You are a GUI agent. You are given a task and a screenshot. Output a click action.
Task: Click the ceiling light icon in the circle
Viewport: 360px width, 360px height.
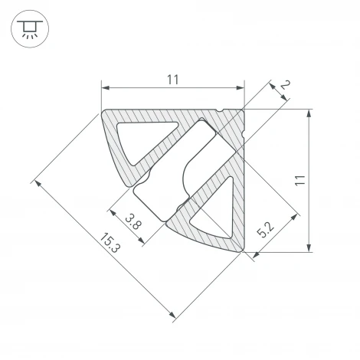coord(30,29)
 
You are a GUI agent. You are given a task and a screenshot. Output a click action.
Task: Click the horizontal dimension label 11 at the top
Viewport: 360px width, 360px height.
coord(173,80)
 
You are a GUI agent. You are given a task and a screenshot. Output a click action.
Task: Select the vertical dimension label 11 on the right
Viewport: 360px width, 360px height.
coord(300,181)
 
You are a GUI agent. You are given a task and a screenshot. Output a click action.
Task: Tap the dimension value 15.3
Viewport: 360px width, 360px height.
coord(110,243)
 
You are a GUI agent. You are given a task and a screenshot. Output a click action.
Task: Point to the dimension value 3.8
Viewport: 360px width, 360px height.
coord(133,221)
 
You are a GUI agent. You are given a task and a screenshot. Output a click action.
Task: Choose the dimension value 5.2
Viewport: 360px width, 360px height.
coord(265,230)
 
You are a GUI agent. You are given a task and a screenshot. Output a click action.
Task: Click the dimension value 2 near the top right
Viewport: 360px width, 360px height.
coord(286,84)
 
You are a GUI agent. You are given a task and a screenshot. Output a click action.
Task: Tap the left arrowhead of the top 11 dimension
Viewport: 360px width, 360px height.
coord(105,88)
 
